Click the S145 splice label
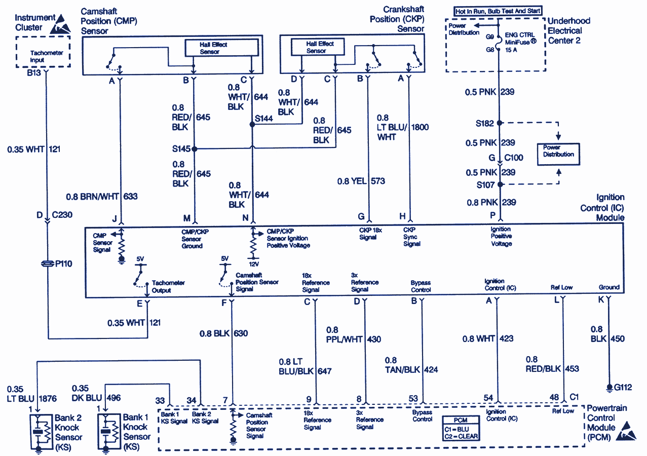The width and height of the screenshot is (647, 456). click(x=181, y=149)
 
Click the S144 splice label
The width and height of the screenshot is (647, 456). click(x=264, y=118)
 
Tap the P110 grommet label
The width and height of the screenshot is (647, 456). click(x=64, y=263)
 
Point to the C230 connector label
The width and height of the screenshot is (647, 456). click(x=61, y=215)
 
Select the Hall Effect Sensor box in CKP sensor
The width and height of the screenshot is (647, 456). click(x=317, y=47)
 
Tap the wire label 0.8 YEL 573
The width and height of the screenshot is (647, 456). click(x=361, y=181)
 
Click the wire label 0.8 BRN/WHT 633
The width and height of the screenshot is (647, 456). click(x=102, y=197)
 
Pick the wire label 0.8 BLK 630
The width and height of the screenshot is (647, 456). click(x=224, y=333)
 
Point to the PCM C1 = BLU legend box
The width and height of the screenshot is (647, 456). click(x=460, y=429)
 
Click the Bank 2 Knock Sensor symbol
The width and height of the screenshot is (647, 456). click(x=39, y=432)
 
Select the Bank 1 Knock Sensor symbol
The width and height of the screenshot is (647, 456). click(x=105, y=432)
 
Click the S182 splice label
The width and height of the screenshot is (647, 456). click(x=485, y=123)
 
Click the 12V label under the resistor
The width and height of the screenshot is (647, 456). click(x=254, y=264)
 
